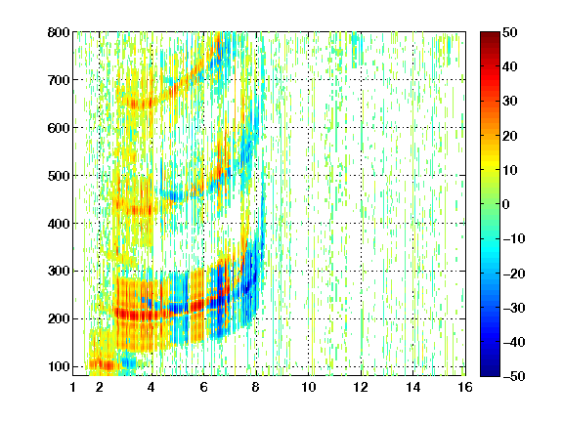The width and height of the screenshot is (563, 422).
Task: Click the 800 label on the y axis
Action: click(x=59, y=32)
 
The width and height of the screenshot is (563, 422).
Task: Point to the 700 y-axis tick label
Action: click(x=59, y=80)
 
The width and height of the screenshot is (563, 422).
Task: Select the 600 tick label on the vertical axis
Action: click(x=59, y=128)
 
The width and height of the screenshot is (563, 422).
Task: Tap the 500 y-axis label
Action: click(x=59, y=176)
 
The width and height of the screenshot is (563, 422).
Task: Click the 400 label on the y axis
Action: click(x=59, y=224)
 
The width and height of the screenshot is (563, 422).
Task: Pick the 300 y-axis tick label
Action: click(x=59, y=271)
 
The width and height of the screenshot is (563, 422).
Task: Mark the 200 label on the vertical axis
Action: click(x=59, y=318)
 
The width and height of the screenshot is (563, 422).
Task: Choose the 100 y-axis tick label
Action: click(x=59, y=366)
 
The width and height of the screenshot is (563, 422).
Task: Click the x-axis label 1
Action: click(x=73, y=387)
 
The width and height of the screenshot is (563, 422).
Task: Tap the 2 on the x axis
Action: click(x=100, y=387)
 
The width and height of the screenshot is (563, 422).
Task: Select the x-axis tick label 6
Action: click(x=203, y=387)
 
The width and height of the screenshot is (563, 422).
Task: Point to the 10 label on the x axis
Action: click(x=309, y=387)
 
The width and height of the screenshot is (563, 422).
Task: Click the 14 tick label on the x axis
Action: click(x=413, y=387)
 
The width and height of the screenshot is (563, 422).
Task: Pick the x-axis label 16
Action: click(x=465, y=387)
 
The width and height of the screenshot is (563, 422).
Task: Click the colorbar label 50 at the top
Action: click(x=509, y=32)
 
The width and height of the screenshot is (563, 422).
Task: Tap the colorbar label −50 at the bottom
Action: click(x=514, y=376)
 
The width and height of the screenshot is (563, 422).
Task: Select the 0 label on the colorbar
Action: click(x=505, y=204)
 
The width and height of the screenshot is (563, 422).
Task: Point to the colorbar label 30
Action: click(x=509, y=102)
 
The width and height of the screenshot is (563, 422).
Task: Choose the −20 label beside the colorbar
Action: click(x=514, y=274)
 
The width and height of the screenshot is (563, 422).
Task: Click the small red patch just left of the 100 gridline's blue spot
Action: click(x=103, y=365)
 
